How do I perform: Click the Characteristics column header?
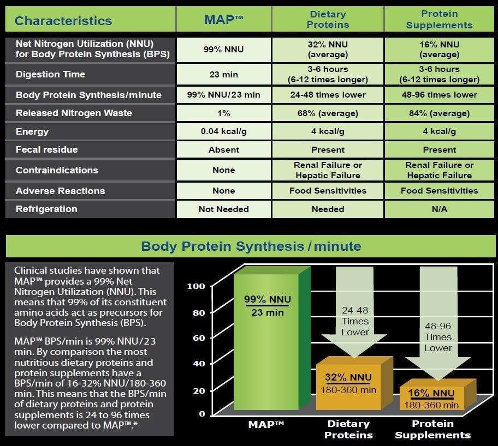(x=63, y=21)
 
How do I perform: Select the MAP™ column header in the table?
(x=223, y=21)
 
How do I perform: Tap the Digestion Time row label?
(x=50, y=74)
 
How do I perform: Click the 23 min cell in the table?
(x=223, y=74)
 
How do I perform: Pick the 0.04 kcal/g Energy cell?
(x=223, y=131)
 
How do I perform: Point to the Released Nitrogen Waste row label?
(x=74, y=113)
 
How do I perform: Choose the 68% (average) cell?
(x=328, y=113)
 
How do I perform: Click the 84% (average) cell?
(x=439, y=113)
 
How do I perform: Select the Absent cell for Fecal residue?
(x=223, y=149)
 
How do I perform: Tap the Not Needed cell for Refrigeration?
(x=223, y=209)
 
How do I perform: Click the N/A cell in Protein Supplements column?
(x=439, y=209)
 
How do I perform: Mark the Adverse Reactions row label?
(x=61, y=191)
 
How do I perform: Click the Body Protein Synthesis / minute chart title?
(x=251, y=246)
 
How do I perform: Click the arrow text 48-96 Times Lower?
(x=438, y=337)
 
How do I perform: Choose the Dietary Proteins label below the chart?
(x=348, y=429)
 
